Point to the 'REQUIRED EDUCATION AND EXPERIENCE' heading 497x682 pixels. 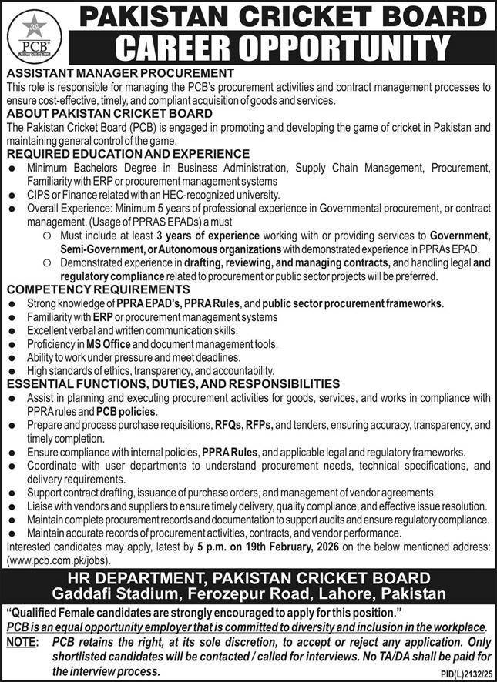[127, 154]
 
